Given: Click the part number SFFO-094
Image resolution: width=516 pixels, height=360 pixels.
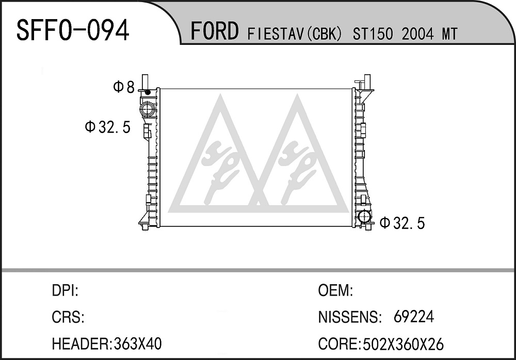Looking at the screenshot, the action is (x=73, y=30).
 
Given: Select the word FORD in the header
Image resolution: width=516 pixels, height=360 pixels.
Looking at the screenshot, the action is (x=215, y=31).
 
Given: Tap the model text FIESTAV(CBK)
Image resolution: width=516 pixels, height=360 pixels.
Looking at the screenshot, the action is (x=295, y=34).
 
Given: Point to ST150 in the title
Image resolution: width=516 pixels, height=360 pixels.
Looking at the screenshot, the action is (x=373, y=34).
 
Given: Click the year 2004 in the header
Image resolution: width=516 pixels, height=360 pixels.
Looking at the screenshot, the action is (x=418, y=34).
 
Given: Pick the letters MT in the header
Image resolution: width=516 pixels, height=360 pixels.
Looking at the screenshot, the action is (x=450, y=34).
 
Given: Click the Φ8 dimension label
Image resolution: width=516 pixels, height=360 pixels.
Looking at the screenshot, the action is (x=124, y=87).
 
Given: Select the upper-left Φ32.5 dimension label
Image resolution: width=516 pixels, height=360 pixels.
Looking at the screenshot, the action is (x=108, y=127).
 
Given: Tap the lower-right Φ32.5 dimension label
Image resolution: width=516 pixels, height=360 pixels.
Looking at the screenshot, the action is (x=402, y=223).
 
